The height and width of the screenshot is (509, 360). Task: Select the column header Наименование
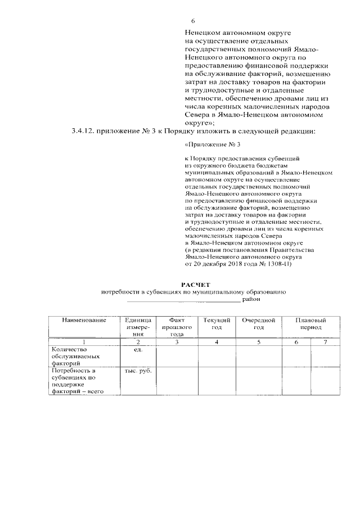pos(84,320)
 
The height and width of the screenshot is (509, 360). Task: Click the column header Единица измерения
pos(138,326)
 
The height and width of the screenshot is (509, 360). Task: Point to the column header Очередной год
pos(258,323)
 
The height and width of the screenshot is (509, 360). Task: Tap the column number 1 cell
pos(84,341)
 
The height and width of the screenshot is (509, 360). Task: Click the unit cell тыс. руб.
pos(138,371)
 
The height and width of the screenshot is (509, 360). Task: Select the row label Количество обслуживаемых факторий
pos(75,356)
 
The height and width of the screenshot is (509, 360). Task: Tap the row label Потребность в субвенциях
pos(75,381)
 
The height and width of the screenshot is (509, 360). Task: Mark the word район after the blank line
pos(251,300)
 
